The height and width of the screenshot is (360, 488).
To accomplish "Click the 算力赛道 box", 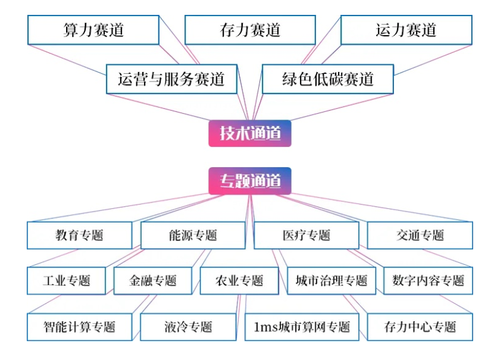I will [93, 30].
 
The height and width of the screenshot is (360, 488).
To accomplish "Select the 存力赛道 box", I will [250, 30].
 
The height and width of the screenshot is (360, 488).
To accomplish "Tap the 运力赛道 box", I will [406, 30].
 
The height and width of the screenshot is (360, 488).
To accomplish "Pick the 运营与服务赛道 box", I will [171, 79].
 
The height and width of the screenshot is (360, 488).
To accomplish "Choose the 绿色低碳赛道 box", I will [327, 79].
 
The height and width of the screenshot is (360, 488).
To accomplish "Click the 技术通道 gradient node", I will [250, 133].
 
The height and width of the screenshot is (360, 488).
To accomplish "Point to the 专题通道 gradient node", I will [250, 181].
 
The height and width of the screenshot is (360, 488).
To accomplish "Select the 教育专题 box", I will [79, 235].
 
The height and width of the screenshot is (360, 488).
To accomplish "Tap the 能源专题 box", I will [193, 235].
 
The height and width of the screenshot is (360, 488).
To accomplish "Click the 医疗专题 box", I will [306, 235].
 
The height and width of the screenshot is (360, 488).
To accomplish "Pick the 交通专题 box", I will [420, 235].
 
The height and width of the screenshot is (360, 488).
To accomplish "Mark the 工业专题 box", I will [66, 280].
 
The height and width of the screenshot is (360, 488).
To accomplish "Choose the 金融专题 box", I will [153, 280].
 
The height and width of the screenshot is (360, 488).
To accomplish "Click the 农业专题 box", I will [239, 280].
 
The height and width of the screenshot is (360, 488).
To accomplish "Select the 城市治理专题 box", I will [331, 280].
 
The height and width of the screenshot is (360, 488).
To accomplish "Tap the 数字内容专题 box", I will [428, 280].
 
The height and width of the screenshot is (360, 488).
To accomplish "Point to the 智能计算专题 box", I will [79, 327].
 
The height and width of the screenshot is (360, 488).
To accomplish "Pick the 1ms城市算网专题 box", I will [302, 327].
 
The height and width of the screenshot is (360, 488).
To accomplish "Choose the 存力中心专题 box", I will [420, 327].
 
